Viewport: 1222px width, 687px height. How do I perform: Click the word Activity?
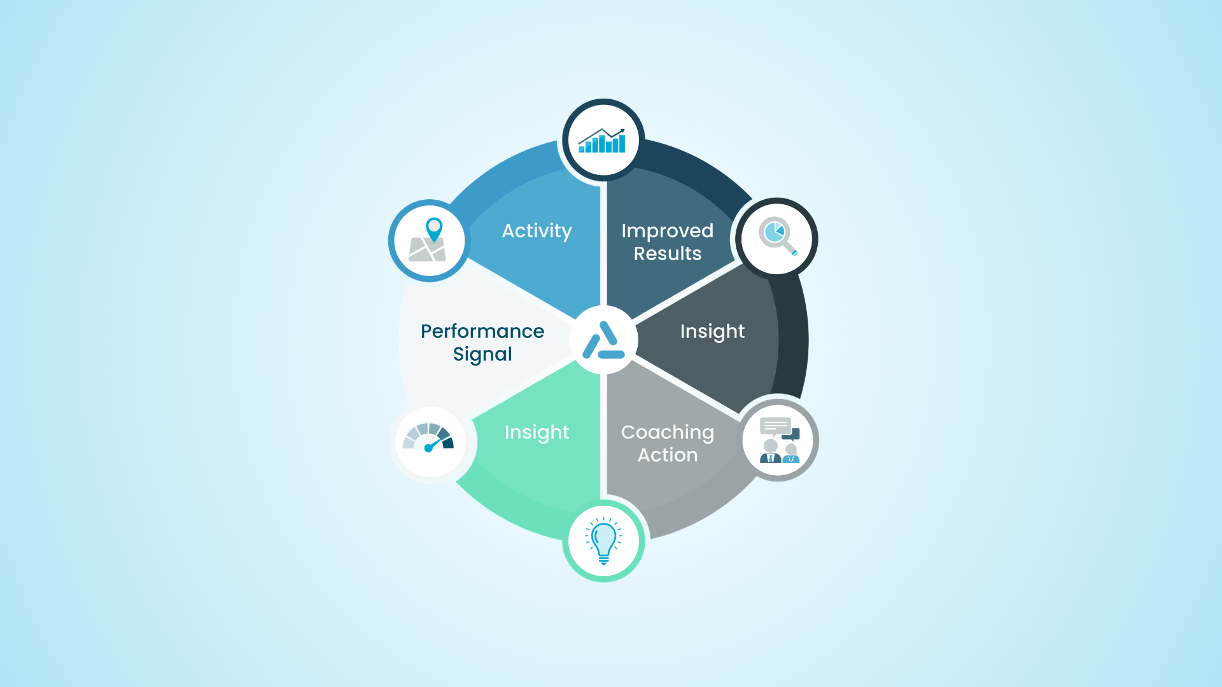click(537, 231)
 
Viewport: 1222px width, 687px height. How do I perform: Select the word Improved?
click(667, 231)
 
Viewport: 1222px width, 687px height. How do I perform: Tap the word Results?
click(667, 254)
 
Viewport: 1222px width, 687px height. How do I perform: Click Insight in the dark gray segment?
click(712, 331)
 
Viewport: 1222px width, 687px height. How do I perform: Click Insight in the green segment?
click(537, 433)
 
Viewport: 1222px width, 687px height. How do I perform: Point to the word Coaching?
click(667, 433)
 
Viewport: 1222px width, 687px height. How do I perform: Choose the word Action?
click(667, 455)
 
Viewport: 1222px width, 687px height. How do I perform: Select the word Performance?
click(482, 331)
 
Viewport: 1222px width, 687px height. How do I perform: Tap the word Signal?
click(482, 354)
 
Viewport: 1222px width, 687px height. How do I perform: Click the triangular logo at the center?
click(603, 341)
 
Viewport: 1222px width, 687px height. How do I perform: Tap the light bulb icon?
click(603, 541)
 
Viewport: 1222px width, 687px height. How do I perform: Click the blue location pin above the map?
click(434, 228)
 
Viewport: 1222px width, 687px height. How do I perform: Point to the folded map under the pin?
click(427, 250)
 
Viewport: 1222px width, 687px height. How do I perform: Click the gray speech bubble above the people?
click(775, 426)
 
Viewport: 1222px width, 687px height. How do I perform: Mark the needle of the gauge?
click(438, 442)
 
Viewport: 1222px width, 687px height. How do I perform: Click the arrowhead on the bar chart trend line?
click(622, 131)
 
